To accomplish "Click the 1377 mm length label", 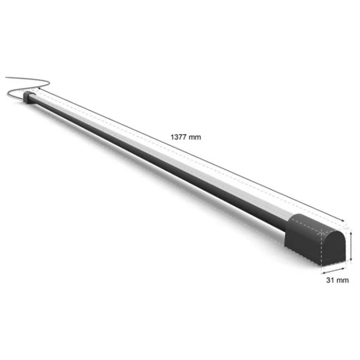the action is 186,137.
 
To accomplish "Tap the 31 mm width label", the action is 337,280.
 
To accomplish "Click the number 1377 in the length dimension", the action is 178,137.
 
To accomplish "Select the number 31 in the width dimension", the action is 330,280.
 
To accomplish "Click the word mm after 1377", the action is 194,137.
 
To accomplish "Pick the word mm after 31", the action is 343,280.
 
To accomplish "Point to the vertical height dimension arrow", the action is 351,247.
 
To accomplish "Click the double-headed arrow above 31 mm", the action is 334,271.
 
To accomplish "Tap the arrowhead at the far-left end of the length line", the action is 39,88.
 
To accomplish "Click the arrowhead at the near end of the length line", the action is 343,221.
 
